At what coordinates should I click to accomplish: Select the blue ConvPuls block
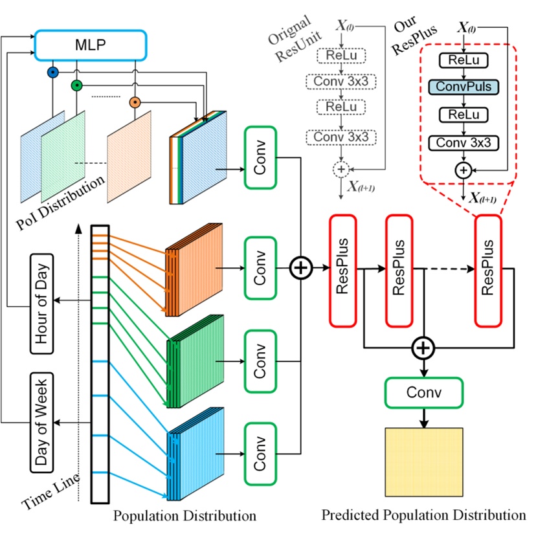click(x=463, y=86)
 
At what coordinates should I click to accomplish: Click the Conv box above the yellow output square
click(x=424, y=392)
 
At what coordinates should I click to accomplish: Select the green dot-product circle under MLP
click(x=76, y=84)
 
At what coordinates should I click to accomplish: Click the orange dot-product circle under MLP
click(x=135, y=102)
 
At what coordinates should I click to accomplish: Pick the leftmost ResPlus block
click(x=343, y=271)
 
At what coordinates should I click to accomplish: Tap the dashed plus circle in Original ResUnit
click(x=341, y=169)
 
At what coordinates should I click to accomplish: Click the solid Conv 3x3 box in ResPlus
click(x=463, y=142)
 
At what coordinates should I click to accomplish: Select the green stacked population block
click(x=194, y=362)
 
